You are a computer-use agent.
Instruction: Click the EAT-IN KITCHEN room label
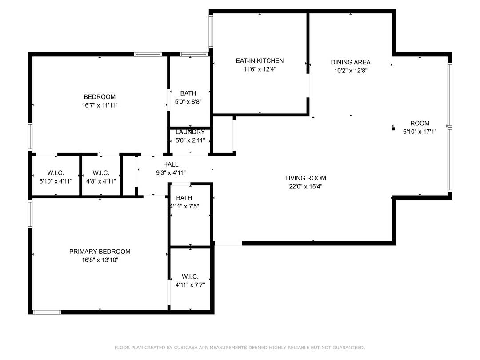point(260,61)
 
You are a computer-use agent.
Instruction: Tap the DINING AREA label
point(351,62)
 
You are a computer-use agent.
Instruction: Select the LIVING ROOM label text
point(306,178)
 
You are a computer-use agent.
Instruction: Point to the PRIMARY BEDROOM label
point(100,252)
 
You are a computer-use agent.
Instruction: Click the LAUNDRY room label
point(190,132)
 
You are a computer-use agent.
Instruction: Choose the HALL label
point(170,164)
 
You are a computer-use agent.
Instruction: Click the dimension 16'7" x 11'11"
point(100,105)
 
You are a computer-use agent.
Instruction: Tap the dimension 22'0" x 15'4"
point(306,187)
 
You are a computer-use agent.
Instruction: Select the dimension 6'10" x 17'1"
point(420,132)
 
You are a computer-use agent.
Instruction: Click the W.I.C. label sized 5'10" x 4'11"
point(56,173)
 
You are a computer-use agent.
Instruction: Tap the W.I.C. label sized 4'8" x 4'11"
point(101,173)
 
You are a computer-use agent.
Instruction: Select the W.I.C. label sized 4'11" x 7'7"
point(190,276)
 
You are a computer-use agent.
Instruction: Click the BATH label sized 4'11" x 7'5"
point(184,198)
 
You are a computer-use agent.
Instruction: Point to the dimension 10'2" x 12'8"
point(351,70)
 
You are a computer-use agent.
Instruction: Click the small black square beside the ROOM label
point(393,129)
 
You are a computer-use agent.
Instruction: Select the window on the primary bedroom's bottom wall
point(47,312)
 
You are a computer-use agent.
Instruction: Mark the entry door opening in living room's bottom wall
point(228,243)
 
